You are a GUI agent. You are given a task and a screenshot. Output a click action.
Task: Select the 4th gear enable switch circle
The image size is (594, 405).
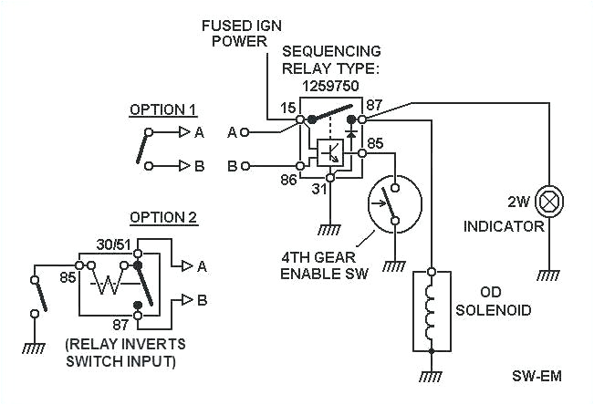point(391,203)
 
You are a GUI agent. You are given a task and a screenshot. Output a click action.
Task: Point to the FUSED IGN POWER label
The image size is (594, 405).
point(242,33)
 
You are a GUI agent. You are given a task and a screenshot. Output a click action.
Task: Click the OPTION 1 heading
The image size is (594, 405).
point(162,109)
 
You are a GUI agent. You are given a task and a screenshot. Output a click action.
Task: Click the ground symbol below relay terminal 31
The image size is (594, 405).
point(330,230)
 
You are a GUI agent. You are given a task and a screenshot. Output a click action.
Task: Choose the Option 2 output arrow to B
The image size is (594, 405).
point(188,298)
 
